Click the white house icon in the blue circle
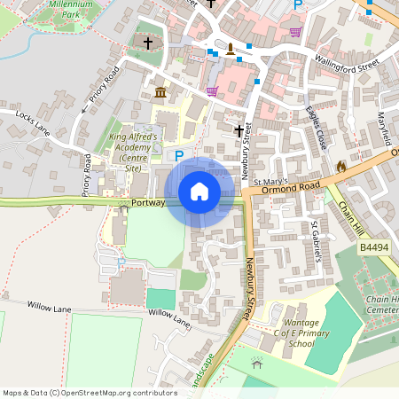pos(199,192)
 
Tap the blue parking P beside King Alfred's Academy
pos(179,156)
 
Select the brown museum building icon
pos(160,93)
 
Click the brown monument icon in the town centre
pos(231,48)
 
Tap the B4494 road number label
pos(374,249)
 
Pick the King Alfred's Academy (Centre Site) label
pos(132,153)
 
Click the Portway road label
pos(147,203)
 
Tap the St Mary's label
pos(271,182)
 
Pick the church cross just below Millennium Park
pos(148,43)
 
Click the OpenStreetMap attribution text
pos(90,392)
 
